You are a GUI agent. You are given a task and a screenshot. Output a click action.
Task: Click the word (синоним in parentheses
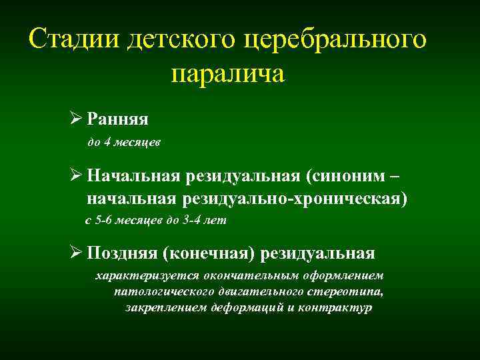click(343, 176)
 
